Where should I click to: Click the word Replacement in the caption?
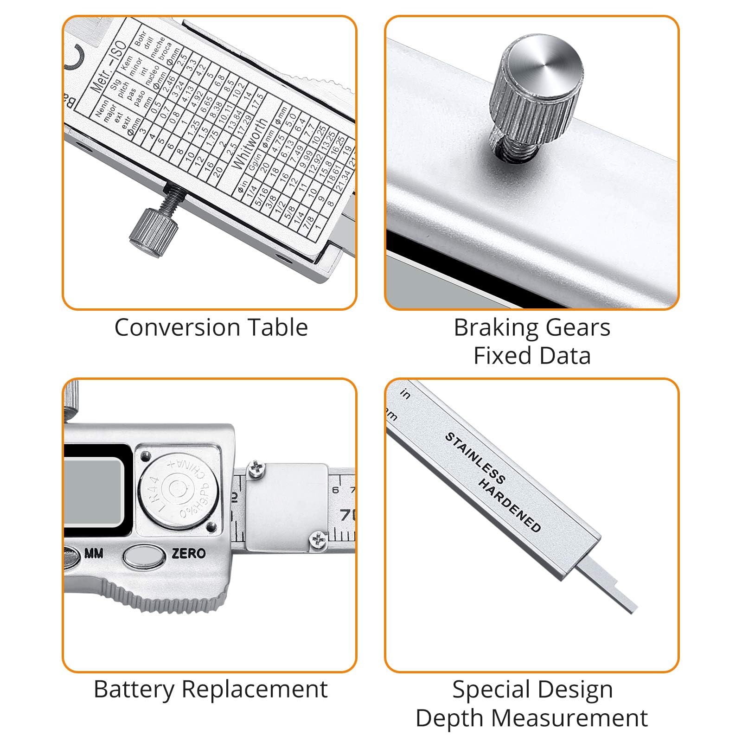(255, 689)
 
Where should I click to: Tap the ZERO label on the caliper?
(189, 553)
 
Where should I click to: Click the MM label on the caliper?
(94, 553)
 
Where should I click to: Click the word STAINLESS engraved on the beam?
(474, 457)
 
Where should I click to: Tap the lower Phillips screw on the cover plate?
(318, 539)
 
